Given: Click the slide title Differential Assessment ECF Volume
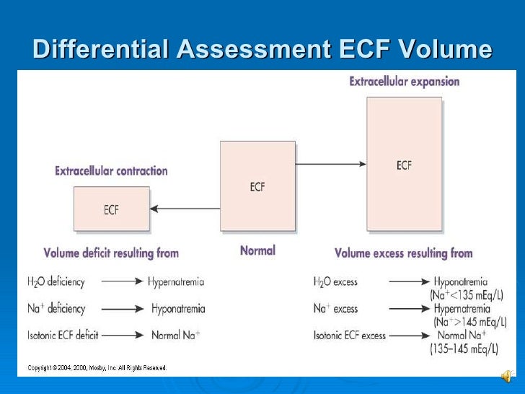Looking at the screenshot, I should pyautogui.click(x=262, y=49).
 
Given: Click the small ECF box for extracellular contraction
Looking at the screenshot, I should pyautogui.click(x=112, y=209).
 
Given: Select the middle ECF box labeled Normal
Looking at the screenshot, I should pyautogui.click(x=257, y=186).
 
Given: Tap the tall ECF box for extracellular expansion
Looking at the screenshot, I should pyautogui.click(x=404, y=165).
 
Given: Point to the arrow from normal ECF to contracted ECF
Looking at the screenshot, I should pyautogui.click(x=185, y=209).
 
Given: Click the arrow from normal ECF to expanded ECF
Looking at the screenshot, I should pyautogui.click(x=331, y=165).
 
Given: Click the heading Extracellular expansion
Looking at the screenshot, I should pyautogui.click(x=404, y=82).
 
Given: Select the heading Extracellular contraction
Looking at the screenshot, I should pyautogui.click(x=111, y=171).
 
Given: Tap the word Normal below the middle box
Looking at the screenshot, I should pyautogui.click(x=257, y=251).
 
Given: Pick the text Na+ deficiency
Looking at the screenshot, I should pyautogui.click(x=56, y=309).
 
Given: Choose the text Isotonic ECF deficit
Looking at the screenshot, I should pyautogui.click(x=63, y=336).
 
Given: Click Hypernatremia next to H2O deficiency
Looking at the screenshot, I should pyautogui.click(x=177, y=282).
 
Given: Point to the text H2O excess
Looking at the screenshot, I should pyautogui.click(x=335, y=282).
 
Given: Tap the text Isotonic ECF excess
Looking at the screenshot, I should pyautogui.click(x=350, y=336).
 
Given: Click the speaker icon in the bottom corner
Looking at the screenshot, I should pyautogui.click(x=507, y=376).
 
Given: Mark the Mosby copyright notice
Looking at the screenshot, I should pyautogui.click(x=97, y=368).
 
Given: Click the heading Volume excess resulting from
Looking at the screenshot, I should pyautogui.click(x=403, y=253).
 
